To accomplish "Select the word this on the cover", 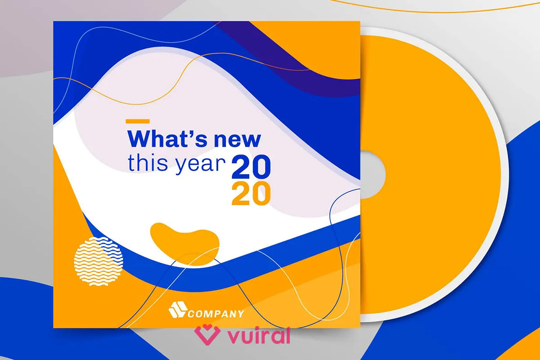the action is (148, 163).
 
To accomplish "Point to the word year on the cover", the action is (200, 165).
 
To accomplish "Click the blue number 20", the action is (251, 167).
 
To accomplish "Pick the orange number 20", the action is (251, 193).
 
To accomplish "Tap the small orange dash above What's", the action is (138, 121).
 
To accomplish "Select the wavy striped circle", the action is (99, 261).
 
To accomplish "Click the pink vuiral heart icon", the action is (207, 335).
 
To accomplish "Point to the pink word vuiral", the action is (259, 335).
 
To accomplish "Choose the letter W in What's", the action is (139, 139).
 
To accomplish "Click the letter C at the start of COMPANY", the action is (191, 314).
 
